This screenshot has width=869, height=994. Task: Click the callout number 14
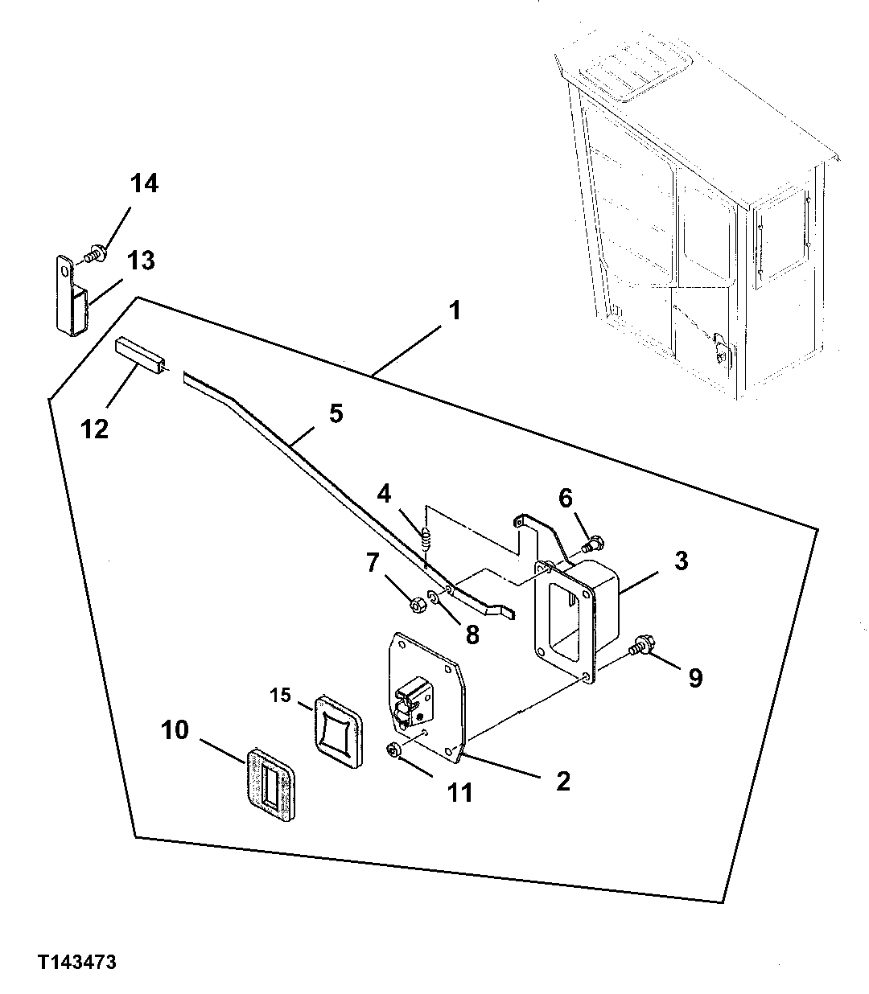(x=145, y=183)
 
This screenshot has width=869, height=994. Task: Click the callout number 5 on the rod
(x=336, y=413)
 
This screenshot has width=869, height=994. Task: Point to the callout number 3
(x=681, y=561)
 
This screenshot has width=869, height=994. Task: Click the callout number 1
(x=455, y=310)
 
